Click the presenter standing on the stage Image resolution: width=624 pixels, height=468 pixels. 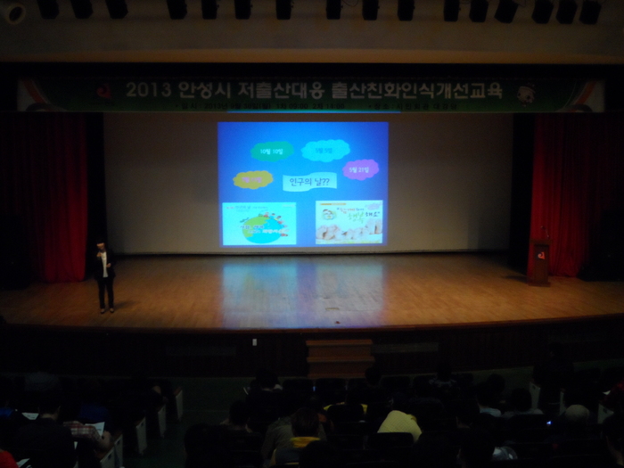[x=105, y=277]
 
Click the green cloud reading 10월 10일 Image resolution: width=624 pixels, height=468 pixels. [x=271, y=150]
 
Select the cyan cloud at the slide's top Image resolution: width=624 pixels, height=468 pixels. [x=324, y=150]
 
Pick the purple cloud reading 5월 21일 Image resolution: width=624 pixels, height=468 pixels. [x=360, y=168]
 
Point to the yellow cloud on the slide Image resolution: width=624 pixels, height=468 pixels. [x=253, y=179]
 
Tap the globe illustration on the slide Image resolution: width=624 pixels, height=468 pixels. [x=259, y=224]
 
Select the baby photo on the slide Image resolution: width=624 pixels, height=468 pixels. [x=349, y=222]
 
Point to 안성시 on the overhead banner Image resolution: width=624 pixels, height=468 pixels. [x=202, y=90]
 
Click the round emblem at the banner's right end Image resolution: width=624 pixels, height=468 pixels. [x=526, y=91]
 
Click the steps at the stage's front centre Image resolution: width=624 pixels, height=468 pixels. [x=340, y=356]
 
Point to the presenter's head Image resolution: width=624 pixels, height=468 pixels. [x=102, y=247]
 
